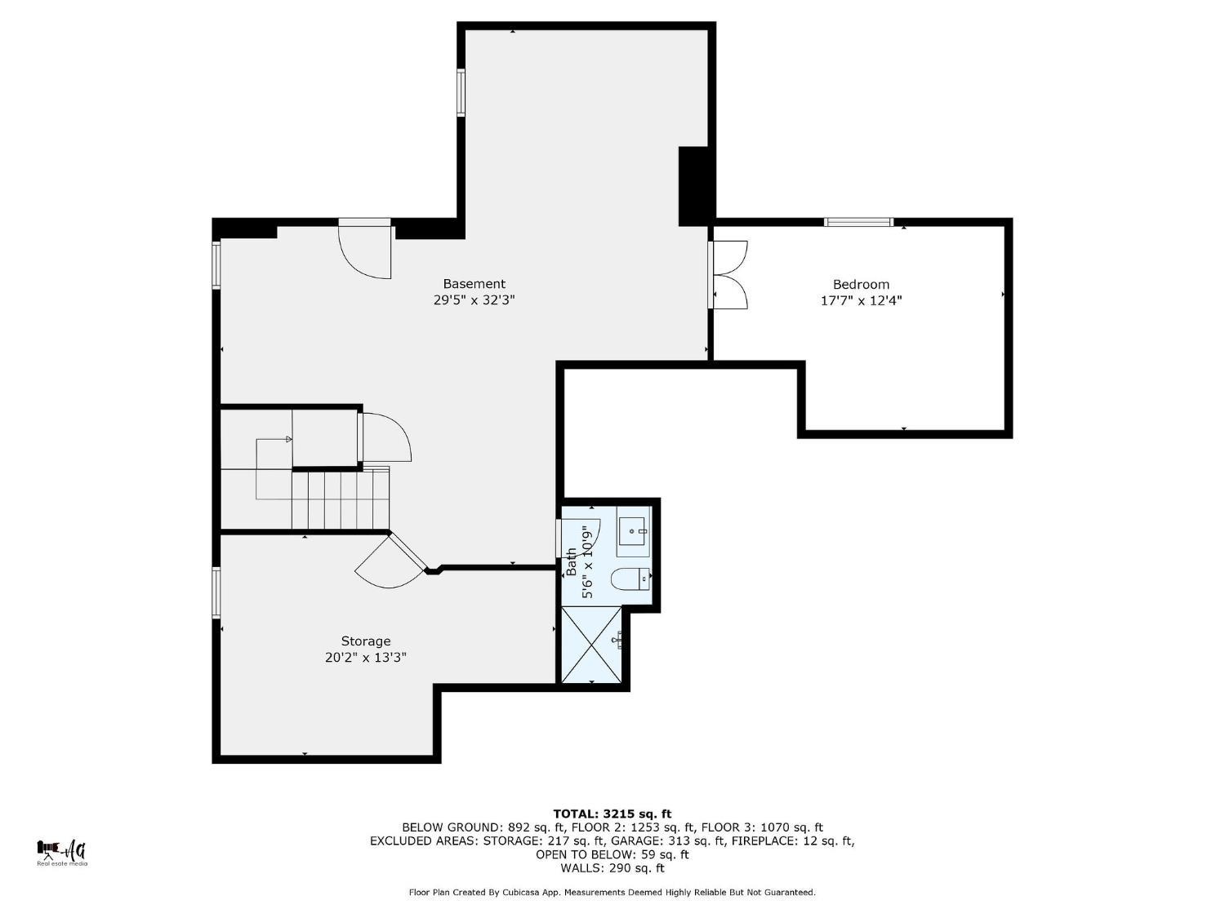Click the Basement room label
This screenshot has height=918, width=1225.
(474, 284)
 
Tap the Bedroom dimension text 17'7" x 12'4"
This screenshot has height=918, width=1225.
(861, 300)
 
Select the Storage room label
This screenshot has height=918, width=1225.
(366, 641)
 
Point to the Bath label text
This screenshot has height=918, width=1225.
(572, 561)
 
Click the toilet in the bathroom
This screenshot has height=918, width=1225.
(630, 579)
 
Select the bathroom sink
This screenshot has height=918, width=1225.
(632, 531)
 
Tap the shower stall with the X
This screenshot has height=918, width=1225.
(592, 644)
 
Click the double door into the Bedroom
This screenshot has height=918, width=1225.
(728, 274)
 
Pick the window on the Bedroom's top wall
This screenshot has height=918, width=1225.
(858, 222)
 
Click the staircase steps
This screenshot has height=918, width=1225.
(341, 499)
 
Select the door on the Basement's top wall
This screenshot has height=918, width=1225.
(365, 249)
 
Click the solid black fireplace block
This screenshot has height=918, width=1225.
(694, 186)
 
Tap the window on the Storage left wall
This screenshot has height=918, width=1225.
(216, 592)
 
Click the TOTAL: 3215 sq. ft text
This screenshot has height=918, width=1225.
(612, 814)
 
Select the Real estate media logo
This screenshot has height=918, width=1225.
(62, 853)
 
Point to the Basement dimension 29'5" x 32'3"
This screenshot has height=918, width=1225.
(474, 300)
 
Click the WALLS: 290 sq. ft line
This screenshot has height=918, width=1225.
(612, 868)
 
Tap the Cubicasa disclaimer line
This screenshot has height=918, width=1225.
(612, 893)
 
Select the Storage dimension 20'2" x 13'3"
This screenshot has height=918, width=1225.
(366, 658)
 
